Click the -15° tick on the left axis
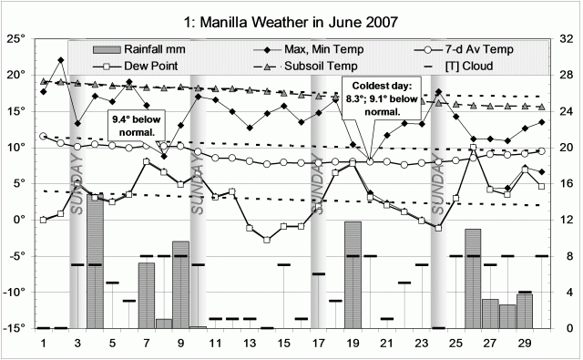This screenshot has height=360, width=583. click(16, 328)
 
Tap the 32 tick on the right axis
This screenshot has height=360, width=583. click(565, 39)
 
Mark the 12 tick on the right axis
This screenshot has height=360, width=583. click(565, 220)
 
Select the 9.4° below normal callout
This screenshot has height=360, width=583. click(134, 124)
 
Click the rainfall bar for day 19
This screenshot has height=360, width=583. click(353, 273)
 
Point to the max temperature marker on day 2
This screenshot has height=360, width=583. click(61, 60)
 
